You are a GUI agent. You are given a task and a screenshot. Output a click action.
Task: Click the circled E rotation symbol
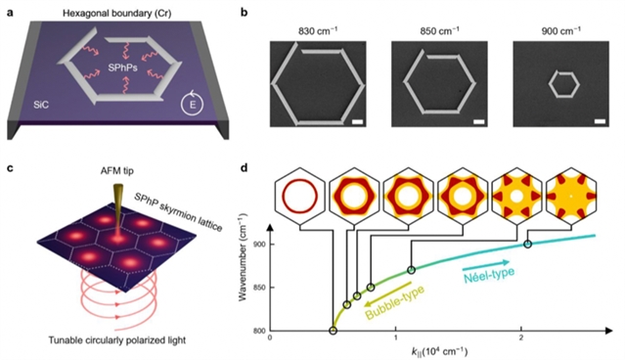192,106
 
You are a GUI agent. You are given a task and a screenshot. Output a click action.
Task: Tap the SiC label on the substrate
41,106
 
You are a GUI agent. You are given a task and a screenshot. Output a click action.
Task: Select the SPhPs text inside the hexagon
123,67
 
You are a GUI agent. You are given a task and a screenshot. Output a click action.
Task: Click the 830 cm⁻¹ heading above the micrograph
318,31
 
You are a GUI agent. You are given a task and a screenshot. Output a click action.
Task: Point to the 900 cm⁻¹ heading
560,31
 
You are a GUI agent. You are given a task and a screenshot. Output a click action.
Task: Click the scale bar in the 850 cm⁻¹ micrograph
478,121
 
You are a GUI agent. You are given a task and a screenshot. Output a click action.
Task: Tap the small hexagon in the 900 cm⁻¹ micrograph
563,84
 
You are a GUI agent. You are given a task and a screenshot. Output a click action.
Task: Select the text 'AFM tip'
117,171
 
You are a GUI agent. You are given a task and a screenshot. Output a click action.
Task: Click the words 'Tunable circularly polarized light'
117,340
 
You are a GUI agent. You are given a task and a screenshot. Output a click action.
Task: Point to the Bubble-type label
394,302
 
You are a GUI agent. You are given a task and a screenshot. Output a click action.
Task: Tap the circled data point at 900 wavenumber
528,244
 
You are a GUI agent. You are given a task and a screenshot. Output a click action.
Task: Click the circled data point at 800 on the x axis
333,331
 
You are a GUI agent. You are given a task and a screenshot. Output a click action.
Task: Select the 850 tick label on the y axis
260,288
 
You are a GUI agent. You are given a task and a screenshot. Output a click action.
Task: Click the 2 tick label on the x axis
521,338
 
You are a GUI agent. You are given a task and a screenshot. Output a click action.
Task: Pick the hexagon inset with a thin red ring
299,196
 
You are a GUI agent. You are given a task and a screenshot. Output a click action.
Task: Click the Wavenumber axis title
243,257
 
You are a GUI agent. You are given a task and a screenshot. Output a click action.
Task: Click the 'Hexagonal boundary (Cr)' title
116,14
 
